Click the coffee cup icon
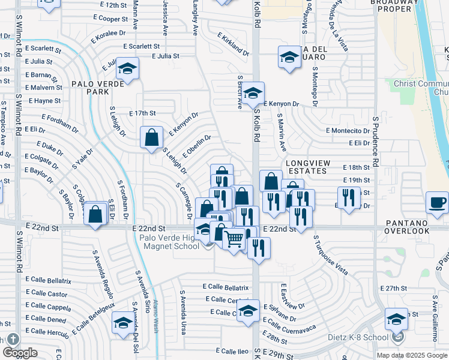point(437,202)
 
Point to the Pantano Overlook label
point(408,230)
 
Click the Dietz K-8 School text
point(358,337)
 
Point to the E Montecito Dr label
point(348,130)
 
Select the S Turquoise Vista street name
point(331,255)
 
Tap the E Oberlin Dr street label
point(197,146)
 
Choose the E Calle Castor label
point(47,293)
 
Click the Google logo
point(20,352)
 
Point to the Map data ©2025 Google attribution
point(411,355)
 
